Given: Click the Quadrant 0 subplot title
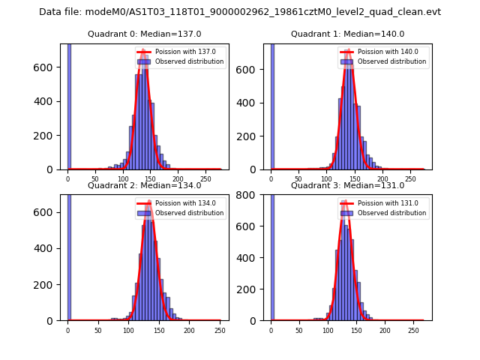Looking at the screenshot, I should tap(144, 34).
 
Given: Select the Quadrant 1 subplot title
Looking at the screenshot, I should tap(347, 34).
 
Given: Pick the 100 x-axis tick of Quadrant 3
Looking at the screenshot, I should tap(328, 330).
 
